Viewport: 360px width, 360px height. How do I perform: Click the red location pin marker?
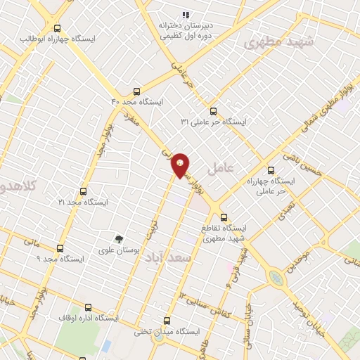tap(181, 165)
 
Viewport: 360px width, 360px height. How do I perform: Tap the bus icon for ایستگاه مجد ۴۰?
tap(136, 91)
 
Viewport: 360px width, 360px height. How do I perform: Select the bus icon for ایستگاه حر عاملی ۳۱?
tap(213, 110)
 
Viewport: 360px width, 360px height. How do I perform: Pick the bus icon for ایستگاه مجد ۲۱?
tap(84, 191)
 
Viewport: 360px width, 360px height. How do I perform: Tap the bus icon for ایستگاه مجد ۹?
tap(60, 248)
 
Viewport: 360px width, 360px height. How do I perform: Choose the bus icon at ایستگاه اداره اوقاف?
tap(88, 307)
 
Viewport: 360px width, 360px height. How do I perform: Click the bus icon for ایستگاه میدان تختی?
tap(167, 320)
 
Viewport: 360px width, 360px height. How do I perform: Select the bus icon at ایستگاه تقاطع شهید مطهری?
tap(224, 217)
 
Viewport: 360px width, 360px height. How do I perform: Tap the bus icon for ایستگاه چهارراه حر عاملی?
tap(271, 169)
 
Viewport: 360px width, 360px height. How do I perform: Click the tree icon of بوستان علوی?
tap(119, 239)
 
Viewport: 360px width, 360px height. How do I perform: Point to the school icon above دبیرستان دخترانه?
tap(186, 14)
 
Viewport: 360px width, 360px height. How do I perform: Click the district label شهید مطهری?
tap(278, 42)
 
